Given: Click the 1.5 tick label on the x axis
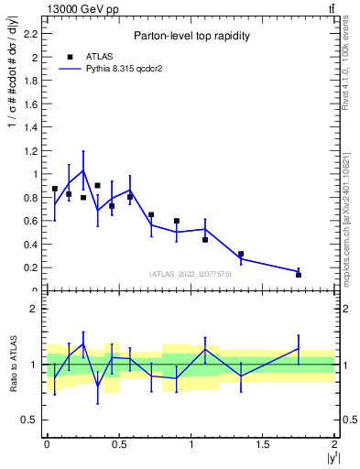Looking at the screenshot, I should (263, 444).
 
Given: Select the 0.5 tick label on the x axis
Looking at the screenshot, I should (118, 444).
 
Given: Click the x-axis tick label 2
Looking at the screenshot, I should (335, 444).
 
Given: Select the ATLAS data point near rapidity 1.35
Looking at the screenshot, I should (241, 254).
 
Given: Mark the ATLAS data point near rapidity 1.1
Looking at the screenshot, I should (205, 240).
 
